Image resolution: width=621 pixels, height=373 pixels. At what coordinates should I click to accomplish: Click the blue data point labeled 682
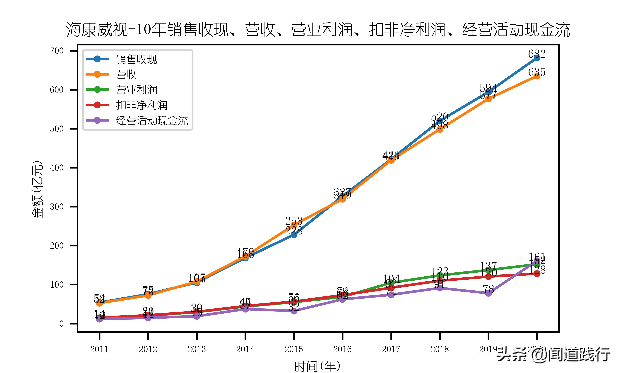point(537,58)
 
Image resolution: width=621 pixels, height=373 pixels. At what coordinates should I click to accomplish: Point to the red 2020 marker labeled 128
point(537,274)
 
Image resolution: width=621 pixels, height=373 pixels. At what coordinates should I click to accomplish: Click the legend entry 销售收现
point(136,59)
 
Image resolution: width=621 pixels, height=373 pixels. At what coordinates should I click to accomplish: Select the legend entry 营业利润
point(136,90)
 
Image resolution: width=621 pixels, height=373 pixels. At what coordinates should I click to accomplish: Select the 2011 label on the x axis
point(99,349)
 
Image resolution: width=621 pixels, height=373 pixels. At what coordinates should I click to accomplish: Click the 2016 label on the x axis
point(342,349)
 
